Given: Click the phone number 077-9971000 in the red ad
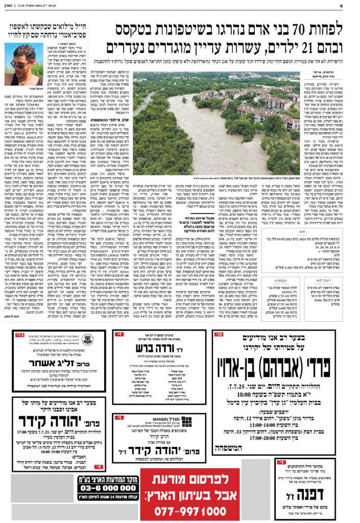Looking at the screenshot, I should tap(184, 510).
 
